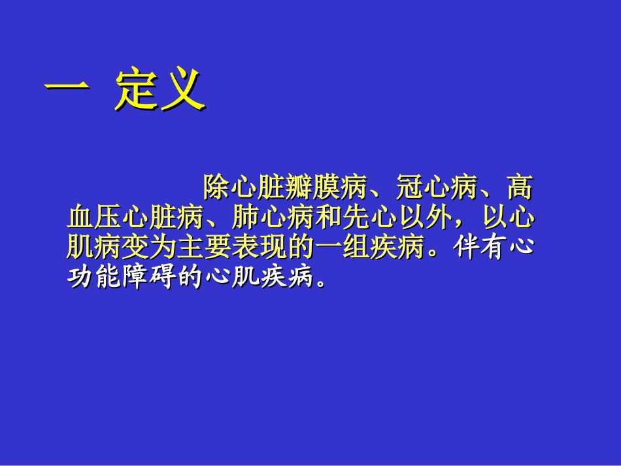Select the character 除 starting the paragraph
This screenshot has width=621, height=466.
[216, 188]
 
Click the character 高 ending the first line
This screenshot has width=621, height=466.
[520, 188]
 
